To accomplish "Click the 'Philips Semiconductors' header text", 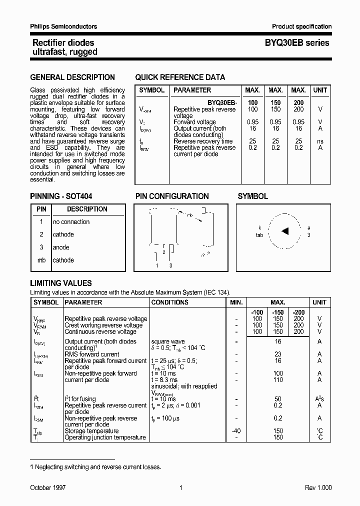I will point(63,26).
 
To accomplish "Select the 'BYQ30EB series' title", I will point(297,43).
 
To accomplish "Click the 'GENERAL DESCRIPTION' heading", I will point(72,77).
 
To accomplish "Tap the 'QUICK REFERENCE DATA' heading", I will point(180,77).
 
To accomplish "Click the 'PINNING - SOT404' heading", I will point(61,196).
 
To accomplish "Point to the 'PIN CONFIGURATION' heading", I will point(172,196).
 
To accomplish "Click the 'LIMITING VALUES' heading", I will point(61,283).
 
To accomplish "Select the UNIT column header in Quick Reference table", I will point(320,90).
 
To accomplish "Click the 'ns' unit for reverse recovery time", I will point(320,141).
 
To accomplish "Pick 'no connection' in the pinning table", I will point(71,222).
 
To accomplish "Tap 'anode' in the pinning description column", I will point(61,247).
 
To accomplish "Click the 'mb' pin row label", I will point(41,260).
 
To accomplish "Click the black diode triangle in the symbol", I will point(285,231).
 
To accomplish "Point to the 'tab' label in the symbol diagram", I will point(259,234).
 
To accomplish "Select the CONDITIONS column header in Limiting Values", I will point(169,302).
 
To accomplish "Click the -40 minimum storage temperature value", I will point(236,431).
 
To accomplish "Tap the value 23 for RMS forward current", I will point(278,354).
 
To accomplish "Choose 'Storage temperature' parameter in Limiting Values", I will point(91,431).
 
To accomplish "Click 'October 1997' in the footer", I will point(48,487).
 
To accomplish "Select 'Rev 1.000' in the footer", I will point(318,487).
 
